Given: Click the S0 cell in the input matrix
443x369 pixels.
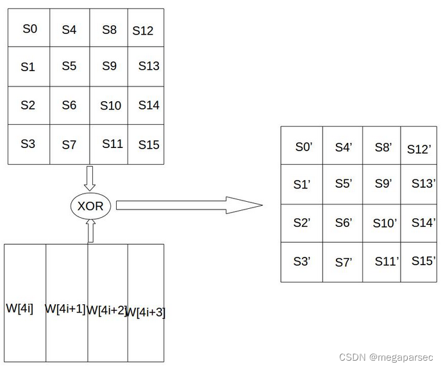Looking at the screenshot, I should pyautogui.click(x=29, y=29).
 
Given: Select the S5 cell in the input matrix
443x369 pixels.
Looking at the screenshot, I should pyautogui.click(x=69, y=66).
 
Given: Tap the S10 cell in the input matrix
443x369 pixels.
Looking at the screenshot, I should pyautogui.click(x=110, y=106).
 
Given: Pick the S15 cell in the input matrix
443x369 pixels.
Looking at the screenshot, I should pyautogui.click(x=148, y=145).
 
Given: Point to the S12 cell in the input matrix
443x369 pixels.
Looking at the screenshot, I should pyautogui.click(x=143, y=30).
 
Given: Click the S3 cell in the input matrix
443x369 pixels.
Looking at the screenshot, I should pyautogui.click(x=28, y=144).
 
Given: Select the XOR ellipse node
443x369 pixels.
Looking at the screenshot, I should pyautogui.click(x=90, y=206).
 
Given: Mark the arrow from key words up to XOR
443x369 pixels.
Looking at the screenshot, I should pyautogui.click(x=90, y=231).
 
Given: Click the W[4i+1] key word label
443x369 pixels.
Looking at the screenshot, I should pyautogui.click(x=65, y=308).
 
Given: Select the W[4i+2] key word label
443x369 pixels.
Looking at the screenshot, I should pyautogui.click(x=106, y=310).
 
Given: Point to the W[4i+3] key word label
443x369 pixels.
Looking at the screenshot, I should pyautogui.click(x=145, y=313).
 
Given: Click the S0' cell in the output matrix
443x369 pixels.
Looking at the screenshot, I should pyautogui.click(x=303, y=147).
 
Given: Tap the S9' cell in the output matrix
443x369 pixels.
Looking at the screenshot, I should pyautogui.click(x=383, y=184).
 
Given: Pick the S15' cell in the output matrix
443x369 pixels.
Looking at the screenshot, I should pyautogui.click(x=424, y=261).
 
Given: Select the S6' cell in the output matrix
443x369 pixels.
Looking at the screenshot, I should pyautogui.click(x=344, y=222).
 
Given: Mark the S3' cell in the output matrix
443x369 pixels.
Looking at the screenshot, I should pyautogui.click(x=302, y=261).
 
